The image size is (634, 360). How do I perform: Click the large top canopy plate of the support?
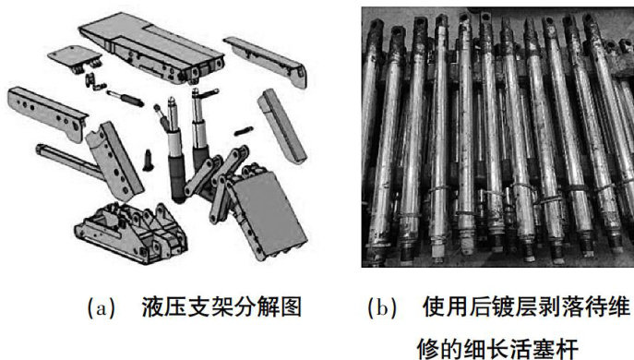pos(151,49)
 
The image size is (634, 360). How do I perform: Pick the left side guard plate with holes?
pos(46,114)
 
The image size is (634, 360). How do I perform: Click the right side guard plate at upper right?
pos(265,61)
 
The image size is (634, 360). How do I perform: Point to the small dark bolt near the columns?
pos(148,160)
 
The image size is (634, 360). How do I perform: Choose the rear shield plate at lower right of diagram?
pos(267,214)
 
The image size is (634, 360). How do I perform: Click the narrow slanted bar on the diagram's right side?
pos(282,126)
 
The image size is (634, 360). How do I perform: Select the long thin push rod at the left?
pos(68,161)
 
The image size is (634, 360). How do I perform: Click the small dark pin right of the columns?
pos(244,131)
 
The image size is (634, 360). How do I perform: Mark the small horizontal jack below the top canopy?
pos(125,98)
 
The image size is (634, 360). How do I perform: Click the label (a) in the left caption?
pos(102,307)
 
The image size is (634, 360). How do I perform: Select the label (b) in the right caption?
pos(382,307)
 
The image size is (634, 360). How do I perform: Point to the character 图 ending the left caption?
pos(291,307)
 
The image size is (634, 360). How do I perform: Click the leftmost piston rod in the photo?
pos(372,141)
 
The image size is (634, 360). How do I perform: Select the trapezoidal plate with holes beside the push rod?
pos(114,161)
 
